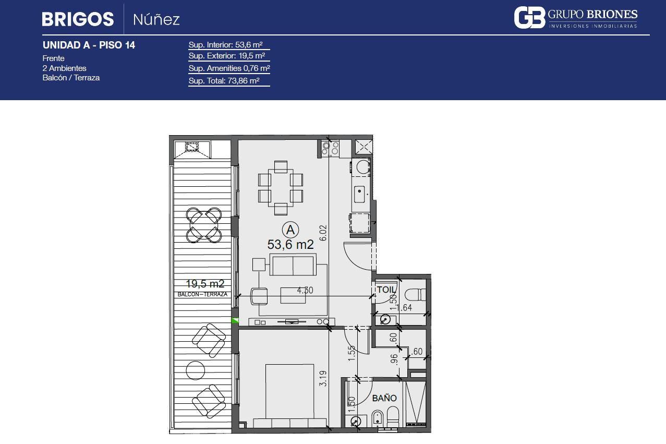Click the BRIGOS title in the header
(78, 19)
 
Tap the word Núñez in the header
(156, 20)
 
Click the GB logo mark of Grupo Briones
(529, 18)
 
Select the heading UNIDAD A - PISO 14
(89, 45)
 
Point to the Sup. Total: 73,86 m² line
(224, 80)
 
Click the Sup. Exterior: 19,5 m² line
(227, 56)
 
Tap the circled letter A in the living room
(290, 230)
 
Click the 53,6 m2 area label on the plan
(290, 245)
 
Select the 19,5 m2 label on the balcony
(205, 284)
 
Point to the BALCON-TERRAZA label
(202, 294)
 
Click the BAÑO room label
(384, 398)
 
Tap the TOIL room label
(386, 290)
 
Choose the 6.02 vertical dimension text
(323, 233)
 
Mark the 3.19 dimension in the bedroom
(323, 378)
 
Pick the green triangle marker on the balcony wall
(235, 320)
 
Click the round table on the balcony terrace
(196, 370)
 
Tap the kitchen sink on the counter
(359, 194)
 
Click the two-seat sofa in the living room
(293, 265)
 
